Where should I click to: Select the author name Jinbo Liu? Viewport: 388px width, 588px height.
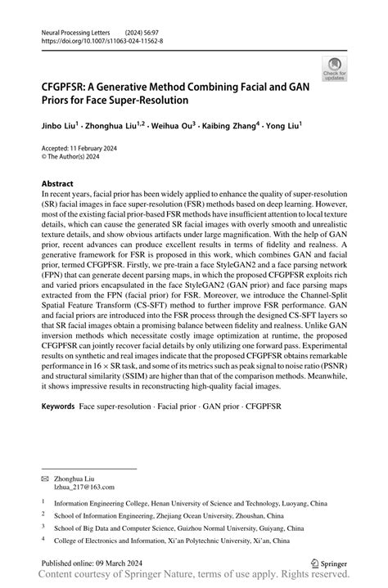coord(62,127)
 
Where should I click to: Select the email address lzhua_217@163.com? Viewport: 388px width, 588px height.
coord(84,486)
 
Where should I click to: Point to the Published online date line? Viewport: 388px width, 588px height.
coord(92,563)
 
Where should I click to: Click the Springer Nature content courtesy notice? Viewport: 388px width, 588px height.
coord(194,577)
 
